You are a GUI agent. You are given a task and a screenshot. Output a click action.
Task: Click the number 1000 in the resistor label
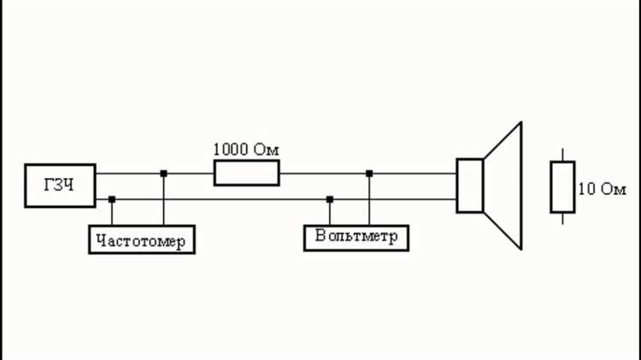coord(231,150)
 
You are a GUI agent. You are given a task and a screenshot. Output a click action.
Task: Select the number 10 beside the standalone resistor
coord(587,189)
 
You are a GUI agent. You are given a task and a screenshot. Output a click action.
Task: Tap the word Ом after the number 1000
coord(266,150)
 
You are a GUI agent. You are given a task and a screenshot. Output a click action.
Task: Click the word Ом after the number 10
coord(613,189)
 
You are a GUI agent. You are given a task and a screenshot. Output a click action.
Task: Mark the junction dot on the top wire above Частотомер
coord(163,174)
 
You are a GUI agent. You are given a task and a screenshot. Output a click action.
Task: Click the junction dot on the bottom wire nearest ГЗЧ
coord(112,199)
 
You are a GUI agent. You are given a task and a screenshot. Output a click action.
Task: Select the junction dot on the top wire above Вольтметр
coord(369,174)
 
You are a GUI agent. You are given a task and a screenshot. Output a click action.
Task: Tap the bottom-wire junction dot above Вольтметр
coord(330,199)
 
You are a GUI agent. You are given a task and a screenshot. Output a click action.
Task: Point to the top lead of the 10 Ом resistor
coord(562,155)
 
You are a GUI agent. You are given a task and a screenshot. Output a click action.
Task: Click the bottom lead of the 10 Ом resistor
coord(562,219)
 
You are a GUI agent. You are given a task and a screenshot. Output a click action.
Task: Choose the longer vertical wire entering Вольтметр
coord(369,199)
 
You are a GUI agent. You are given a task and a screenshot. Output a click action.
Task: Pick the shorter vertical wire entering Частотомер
coord(112,212)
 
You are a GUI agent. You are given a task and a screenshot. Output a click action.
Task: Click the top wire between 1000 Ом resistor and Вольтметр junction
coord(323,174)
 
